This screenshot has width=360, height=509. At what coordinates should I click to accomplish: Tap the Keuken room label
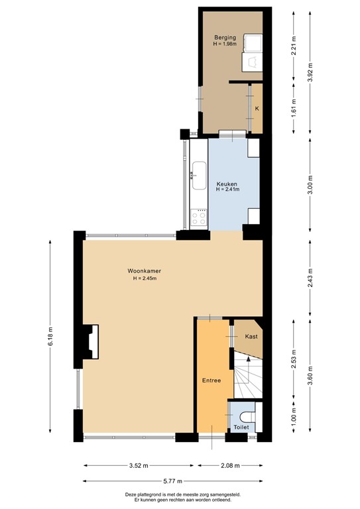click(227, 184)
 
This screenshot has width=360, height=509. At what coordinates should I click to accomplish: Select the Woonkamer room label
click(145, 271)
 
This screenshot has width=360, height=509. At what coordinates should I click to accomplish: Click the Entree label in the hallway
click(211, 380)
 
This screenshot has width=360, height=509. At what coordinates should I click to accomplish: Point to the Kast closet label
click(251, 337)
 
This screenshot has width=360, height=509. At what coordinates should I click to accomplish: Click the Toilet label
click(241, 428)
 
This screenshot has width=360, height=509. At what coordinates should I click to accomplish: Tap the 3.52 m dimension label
click(138, 465)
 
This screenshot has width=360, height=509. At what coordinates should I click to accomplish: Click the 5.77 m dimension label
click(172, 482)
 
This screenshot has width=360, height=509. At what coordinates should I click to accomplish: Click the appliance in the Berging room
click(253, 53)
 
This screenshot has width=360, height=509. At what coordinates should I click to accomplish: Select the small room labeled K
click(257, 108)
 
